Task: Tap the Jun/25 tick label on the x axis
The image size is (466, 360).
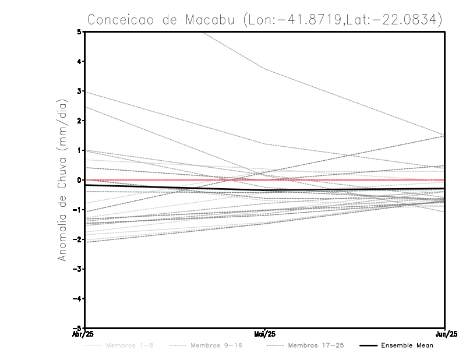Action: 445,334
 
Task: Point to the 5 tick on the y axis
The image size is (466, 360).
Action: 79,32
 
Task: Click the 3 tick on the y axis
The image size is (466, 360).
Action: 79,91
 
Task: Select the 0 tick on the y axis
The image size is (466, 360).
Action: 79,180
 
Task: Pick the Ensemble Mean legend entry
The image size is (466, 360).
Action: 407,345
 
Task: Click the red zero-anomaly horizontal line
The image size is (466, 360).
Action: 349,180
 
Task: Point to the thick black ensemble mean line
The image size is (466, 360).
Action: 175,188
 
